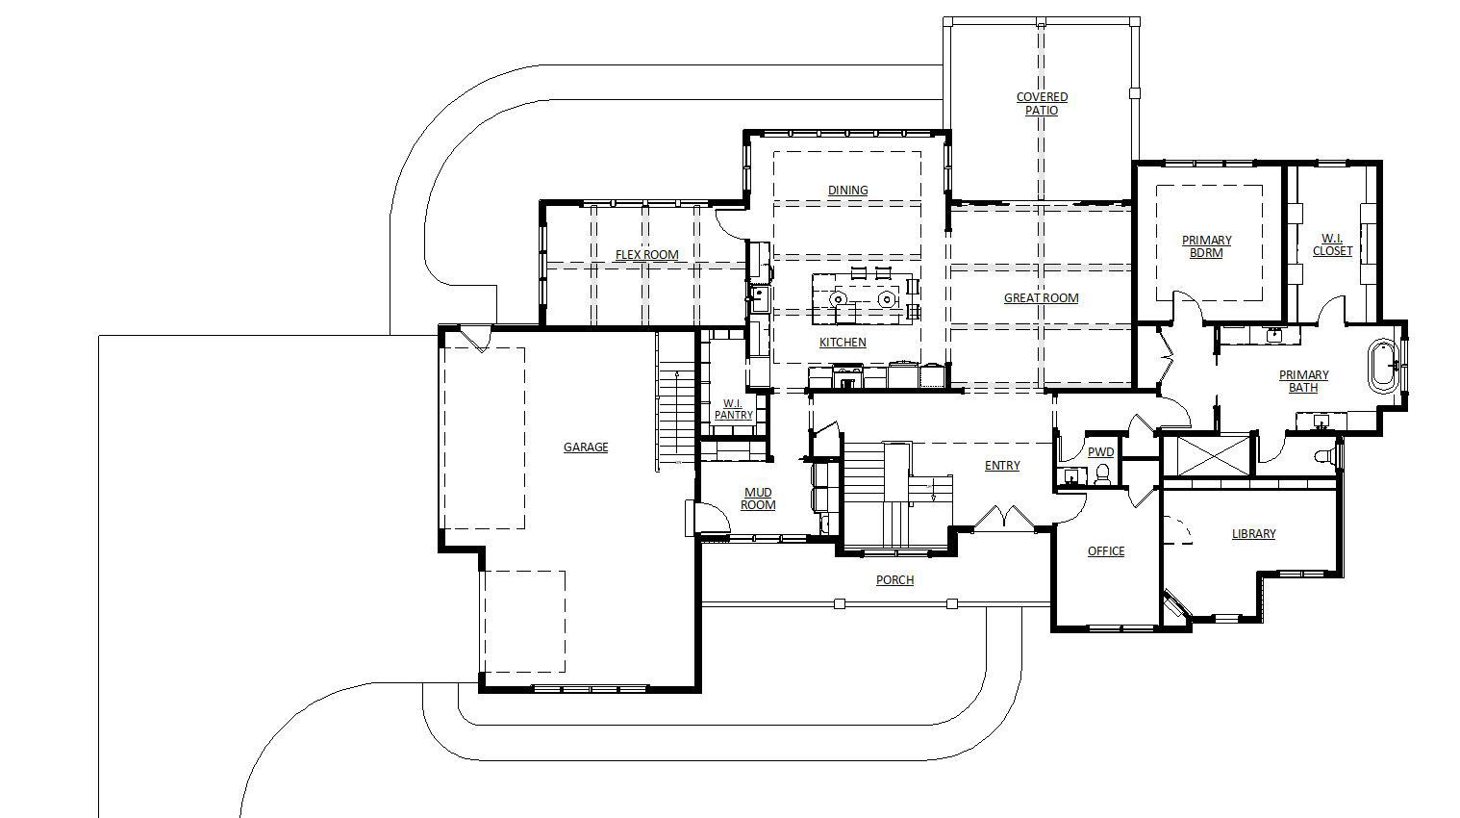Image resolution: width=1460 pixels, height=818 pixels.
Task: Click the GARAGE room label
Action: point(586,447)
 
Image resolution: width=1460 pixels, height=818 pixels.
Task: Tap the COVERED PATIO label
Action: point(1042,104)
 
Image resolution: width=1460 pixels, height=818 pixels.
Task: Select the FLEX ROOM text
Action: point(646,254)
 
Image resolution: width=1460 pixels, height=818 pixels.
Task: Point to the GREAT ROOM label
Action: point(1041,298)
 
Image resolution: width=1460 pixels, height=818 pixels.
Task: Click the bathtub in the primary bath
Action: point(1382,366)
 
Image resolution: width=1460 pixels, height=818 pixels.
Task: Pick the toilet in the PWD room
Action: point(1103,474)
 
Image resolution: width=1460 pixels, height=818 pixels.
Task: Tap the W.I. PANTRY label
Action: point(733,409)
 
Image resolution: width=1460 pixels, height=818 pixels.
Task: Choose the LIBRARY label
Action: point(1253,533)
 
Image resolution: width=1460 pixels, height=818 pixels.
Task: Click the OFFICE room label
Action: point(1106,551)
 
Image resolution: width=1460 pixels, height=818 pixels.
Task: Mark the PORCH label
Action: point(894,580)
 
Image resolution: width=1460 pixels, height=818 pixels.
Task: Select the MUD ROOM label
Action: point(758,498)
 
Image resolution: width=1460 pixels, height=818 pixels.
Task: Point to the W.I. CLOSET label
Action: point(1332,244)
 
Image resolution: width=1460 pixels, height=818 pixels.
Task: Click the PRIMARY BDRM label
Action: point(1206,246)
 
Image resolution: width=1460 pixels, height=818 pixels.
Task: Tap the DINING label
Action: point(847,190)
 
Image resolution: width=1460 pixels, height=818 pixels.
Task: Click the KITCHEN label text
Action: point(843,342)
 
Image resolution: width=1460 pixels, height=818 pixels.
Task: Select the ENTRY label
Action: point(1002,465)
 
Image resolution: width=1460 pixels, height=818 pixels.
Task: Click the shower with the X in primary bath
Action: point(1206,455)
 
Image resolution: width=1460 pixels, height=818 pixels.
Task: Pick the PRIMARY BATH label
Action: point(1303,381)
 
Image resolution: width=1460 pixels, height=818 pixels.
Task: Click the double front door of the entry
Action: point(1005,518)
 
